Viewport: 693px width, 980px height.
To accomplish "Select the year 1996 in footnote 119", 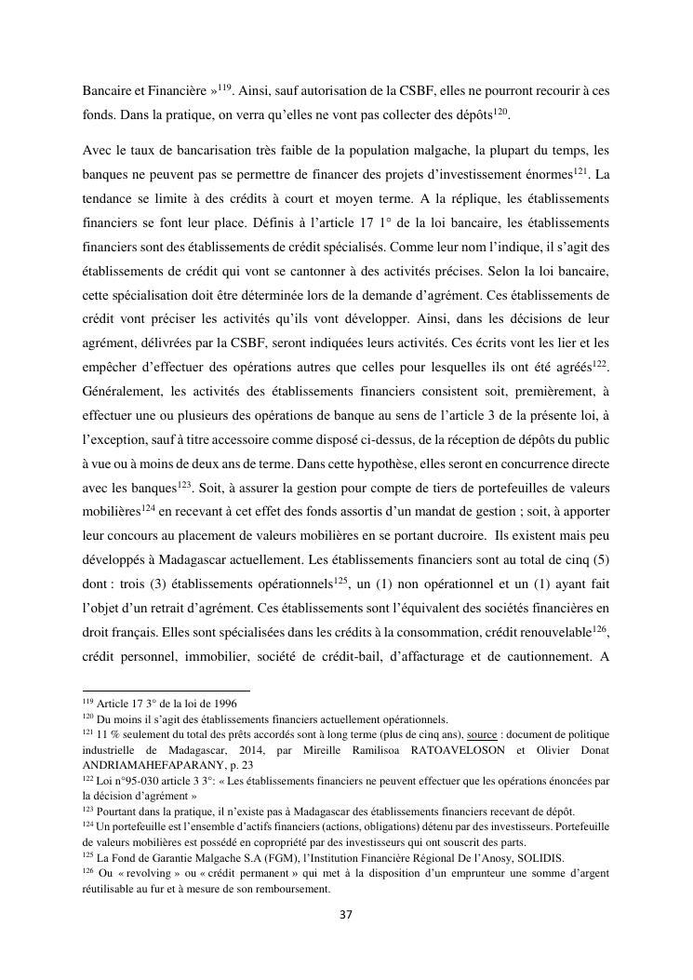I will pos(220,704).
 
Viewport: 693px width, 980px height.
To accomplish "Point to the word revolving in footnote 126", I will pos(144,874).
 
